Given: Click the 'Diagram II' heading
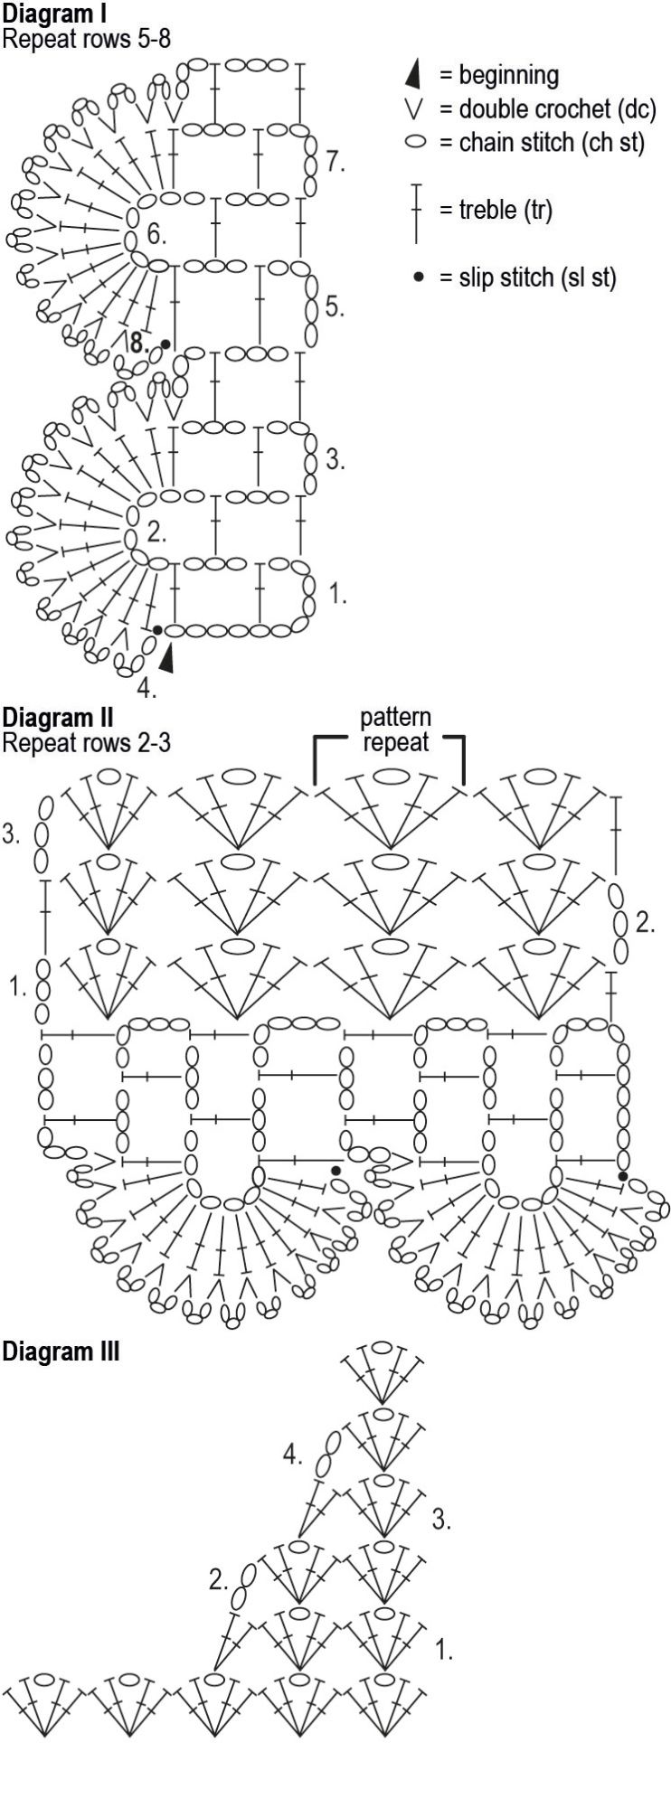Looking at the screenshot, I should (57, 718).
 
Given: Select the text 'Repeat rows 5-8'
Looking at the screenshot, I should (86, 39).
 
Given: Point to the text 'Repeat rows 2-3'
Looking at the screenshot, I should (86, 743).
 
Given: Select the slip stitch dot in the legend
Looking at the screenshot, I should (417, 278).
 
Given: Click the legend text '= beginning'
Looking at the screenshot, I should (499, 75).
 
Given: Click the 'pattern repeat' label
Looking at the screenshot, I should (395, 730).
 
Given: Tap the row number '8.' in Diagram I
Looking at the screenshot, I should (137, 344).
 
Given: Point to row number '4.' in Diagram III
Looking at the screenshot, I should (292, 1455).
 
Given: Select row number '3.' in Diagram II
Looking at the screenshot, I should (11, 834).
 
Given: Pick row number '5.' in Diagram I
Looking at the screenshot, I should (335, 306).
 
